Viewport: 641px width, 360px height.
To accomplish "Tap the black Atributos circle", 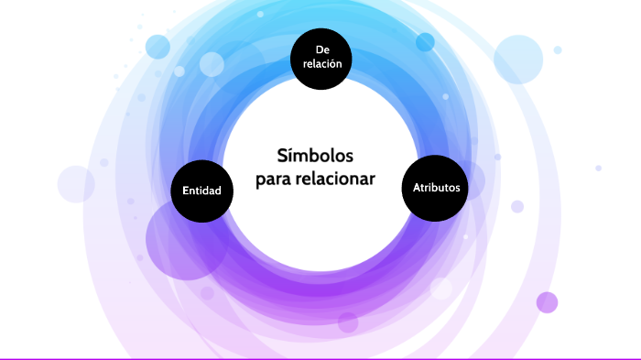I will pyautogui.click(x=435, y=188).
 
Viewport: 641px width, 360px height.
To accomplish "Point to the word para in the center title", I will pyautogui.click(x=272, y=179).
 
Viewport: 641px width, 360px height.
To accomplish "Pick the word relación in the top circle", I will pyautogui.click(x=320, y=65).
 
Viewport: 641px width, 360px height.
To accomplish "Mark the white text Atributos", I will pyautogui.click(x=435, y=188).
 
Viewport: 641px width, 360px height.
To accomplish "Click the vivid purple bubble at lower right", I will pyautogui.click(x=547, y=302).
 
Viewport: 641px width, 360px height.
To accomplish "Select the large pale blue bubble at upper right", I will pyautogui.click(x=519, y=59).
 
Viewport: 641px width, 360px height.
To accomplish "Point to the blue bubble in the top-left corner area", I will pyautogui.click(x=158, y=46).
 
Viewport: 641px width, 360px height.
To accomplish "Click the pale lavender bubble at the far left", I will pyautogui.click(x=76, y=184).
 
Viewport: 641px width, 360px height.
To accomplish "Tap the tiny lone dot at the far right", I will pyautogui.click(x=598, y=168).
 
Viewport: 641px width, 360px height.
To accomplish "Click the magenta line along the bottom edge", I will pyautogui.click(x=320, y=358).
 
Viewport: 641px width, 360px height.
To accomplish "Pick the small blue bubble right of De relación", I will pyautogui.click(x=425, y=42).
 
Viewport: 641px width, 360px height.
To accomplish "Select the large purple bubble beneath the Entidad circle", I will pyautogui.click(x=186, y=240).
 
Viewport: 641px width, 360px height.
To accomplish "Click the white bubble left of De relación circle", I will pyautogui.click(x=212, y=64).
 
